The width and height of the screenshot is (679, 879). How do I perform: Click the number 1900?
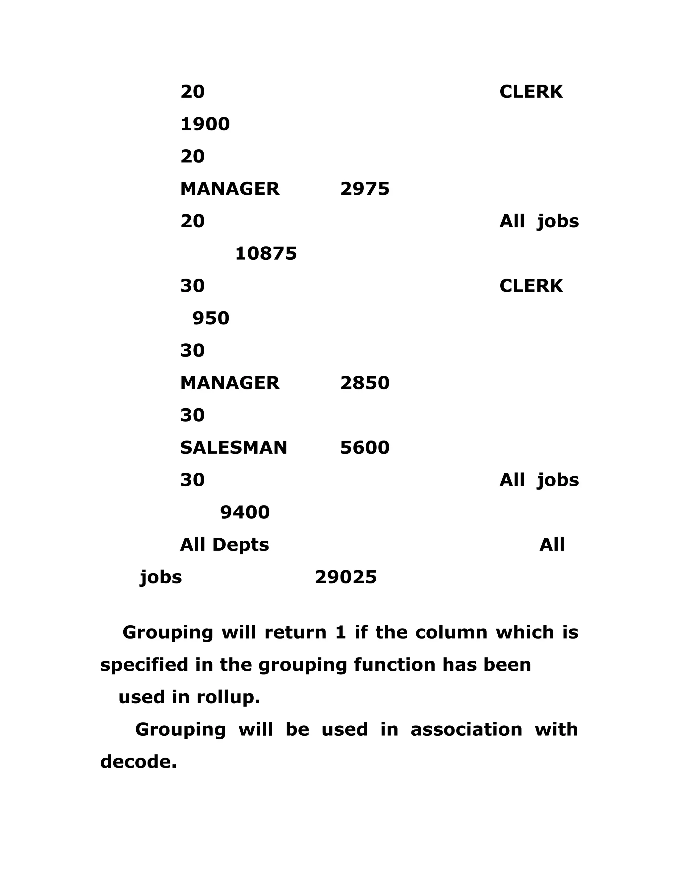[205, 124]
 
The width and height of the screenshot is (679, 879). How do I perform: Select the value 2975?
[364, 189]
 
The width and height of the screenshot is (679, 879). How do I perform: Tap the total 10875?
[266, 253]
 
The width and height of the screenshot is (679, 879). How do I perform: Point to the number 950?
[211, 318]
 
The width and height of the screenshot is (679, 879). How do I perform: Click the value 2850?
[364, 383]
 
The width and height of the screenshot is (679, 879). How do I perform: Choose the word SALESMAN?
[233, 447]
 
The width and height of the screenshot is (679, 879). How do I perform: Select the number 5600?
[364, 447]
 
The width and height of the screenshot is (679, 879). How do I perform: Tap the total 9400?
[245, 512]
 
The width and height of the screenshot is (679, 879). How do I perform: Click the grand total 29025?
[345, 577]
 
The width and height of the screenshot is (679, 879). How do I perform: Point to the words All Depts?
[224, 545]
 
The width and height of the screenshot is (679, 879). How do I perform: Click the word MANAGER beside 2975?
[230, 189]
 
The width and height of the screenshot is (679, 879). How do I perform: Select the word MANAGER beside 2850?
[230, 383]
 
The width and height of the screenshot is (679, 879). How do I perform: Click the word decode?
[138, 762]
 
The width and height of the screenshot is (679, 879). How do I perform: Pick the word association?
[466, 729]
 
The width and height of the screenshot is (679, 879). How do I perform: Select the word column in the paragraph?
[451, 632]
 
